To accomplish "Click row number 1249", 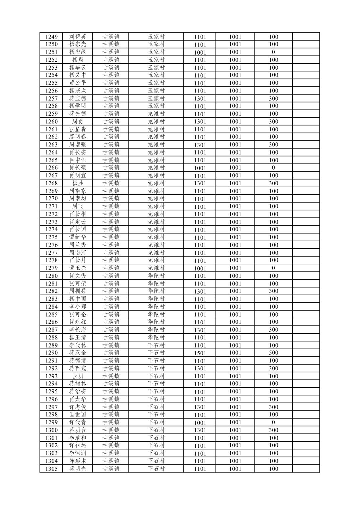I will (x=51, y=37).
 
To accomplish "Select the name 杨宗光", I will (x=77, y=44).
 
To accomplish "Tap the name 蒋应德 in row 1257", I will (x=77, y=99).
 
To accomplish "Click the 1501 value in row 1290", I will (x=200, y=353).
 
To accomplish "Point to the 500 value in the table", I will (x=273, y=353).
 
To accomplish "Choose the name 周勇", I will (x=77, y=122).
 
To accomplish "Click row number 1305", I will (x=51, y=469).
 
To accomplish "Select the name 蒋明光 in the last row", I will (x=77, y=469).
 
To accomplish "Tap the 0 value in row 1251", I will (x=273, y=52).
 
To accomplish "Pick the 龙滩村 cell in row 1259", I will (x=156, y=114).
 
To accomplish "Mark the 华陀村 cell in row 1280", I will (x=156, y=276).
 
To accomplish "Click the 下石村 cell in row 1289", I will (x=156, y=345).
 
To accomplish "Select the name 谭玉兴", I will (x=77, y=268).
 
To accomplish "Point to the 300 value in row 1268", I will (x=273, y=183).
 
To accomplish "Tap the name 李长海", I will (x=77, y=330).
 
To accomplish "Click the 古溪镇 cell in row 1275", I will (x=111, y=237).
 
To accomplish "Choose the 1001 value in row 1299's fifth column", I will (x=200, y=423).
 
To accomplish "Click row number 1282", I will (x=51, y=291).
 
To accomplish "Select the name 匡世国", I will (x=77, y=415).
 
